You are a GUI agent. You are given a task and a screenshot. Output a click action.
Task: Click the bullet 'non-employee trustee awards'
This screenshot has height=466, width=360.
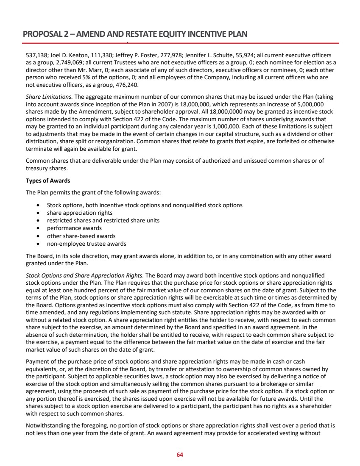click(x=86, y=244)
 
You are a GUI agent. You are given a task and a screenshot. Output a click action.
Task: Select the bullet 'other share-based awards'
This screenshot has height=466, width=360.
click(x=81, y=236)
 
